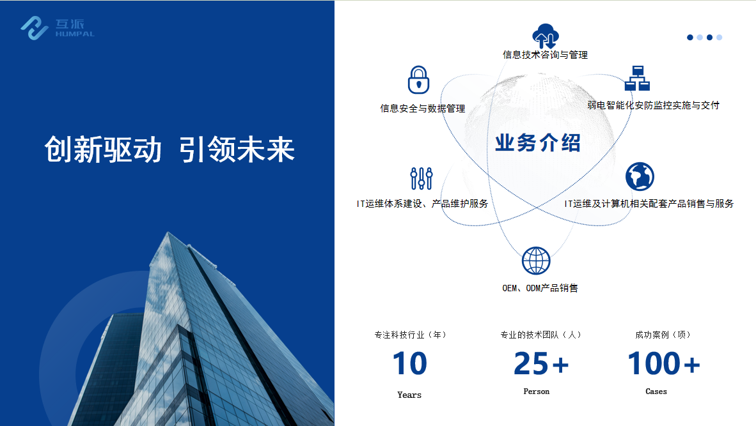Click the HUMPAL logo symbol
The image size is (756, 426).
35,28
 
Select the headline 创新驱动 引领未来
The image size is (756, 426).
169,149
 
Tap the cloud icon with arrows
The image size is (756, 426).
546,36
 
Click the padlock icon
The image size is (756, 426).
418,80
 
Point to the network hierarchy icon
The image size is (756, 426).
637,79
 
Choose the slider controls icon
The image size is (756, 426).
421,178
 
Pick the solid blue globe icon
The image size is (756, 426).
640,177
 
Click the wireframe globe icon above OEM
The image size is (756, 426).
536,261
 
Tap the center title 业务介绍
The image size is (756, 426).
538,143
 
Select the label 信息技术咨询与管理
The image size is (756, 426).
546,55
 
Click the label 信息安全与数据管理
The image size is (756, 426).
423,109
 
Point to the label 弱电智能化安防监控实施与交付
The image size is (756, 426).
653,105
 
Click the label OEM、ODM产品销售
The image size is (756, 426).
540,288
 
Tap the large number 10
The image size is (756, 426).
410,363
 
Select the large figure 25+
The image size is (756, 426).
541,363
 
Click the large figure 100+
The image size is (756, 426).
663,363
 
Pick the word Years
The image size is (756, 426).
409,395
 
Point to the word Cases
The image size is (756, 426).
656,392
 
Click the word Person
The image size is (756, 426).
537,392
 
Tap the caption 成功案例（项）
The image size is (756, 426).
663,335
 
